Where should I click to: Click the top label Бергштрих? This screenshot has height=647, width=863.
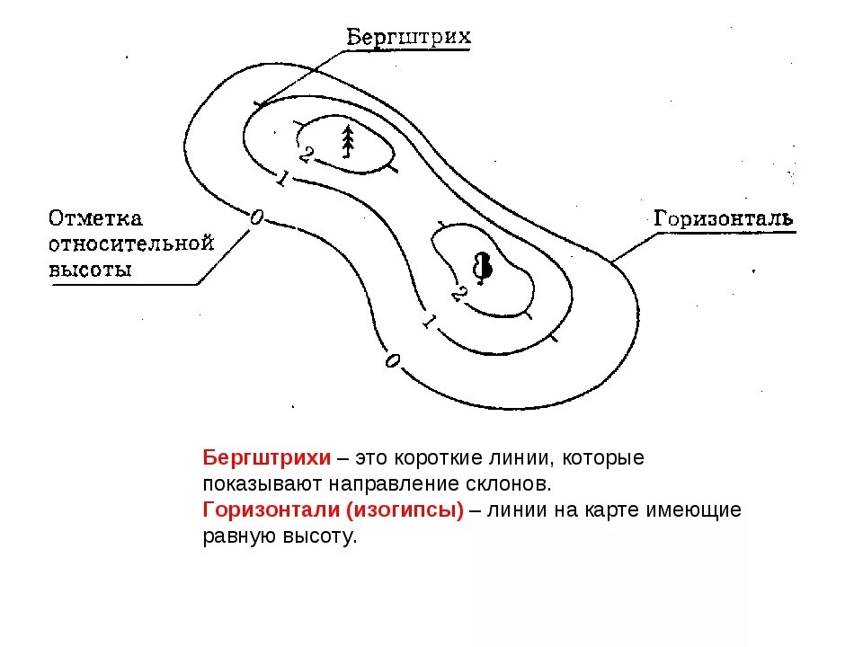[x=408, y=37]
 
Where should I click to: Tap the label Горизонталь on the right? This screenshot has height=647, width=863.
[x=722, y=218]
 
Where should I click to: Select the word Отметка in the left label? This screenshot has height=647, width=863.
[x=95, y=218]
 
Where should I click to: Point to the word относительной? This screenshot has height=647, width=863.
[x=130, y=244]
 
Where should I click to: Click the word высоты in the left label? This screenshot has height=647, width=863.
[x=89, y=269]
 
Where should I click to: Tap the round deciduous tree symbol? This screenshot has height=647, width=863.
[x=483, y=266]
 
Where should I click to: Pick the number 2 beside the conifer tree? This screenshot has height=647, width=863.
[x=306, y=155]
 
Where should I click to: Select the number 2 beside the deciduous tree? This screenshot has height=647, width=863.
[x=458, y=294]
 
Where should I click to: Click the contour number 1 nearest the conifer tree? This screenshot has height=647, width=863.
[x=280, y=180]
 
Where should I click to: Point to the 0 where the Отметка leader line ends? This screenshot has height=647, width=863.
[x=257, y=217]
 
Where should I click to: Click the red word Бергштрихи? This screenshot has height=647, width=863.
[x=267, y=457]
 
